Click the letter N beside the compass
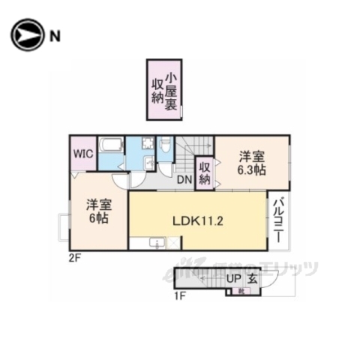click(x=55, y=34)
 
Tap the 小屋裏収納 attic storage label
click(x=164, y=89)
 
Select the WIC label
click(x=82, y=154)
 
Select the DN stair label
click(x=183, y=178)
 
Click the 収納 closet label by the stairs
click(x=205, y=172)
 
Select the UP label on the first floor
click(x=235, y=278)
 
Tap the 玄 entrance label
click(x=253, y=278)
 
